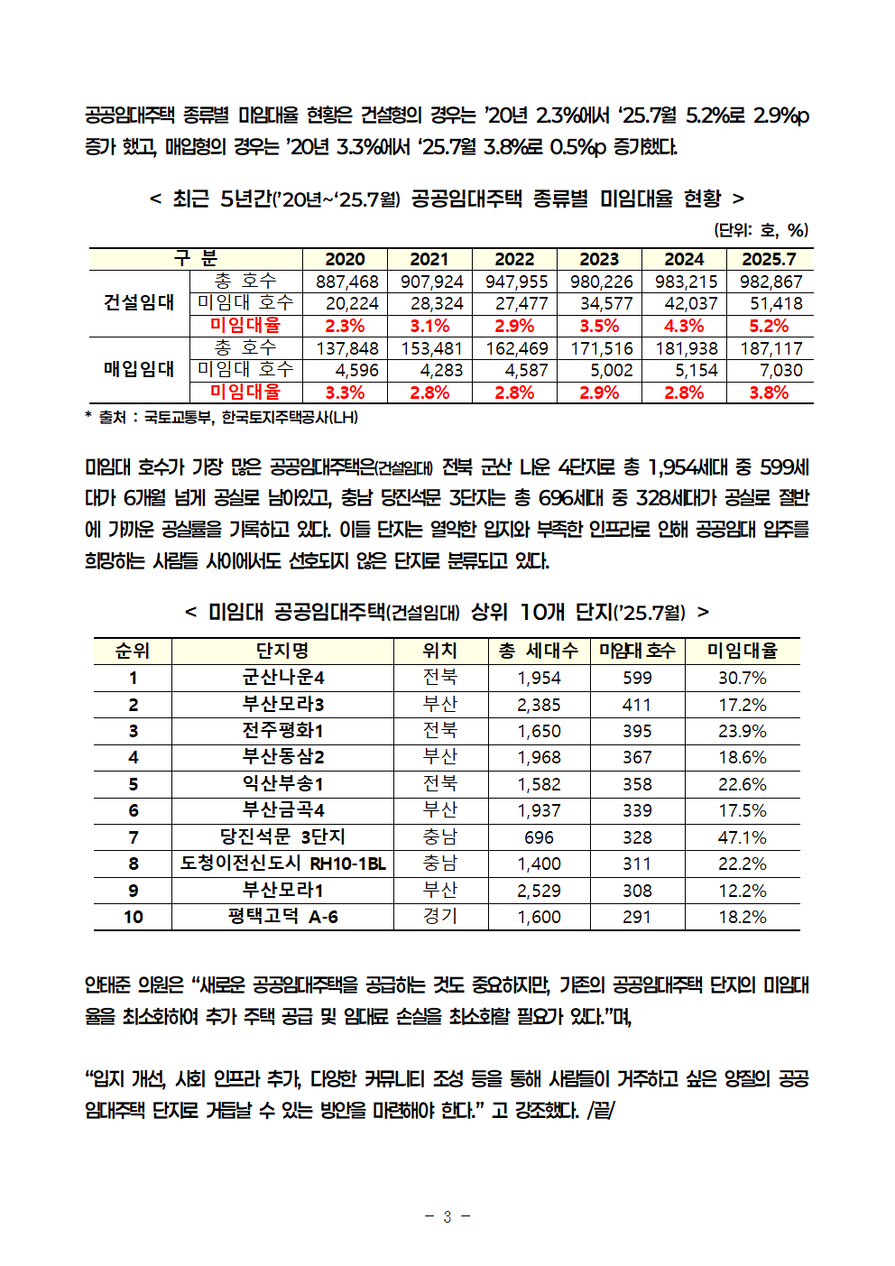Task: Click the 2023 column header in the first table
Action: (599, 259)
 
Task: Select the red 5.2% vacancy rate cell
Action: (769, 326)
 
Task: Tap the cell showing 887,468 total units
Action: (346, 282)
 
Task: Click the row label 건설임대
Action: (139, 302)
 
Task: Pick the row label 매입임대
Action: (139, 369)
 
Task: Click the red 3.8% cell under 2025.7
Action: (769, 393)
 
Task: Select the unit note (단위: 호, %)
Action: (761, 229)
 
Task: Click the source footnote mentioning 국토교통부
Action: (221, 417)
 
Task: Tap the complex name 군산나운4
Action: (282, 678)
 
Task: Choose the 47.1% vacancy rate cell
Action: (742, 837)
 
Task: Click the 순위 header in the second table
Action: (133, 651)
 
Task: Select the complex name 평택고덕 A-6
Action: (282, 917)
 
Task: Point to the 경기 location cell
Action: (440, 917)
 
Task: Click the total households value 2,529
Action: (539, 891)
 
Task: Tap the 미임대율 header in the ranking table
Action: (742, 651)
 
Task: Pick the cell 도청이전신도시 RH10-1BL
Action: (282, 864)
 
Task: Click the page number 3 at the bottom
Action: (447, 1216)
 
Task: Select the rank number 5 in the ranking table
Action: (133, 784)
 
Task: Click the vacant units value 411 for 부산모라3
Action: (636, 705)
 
